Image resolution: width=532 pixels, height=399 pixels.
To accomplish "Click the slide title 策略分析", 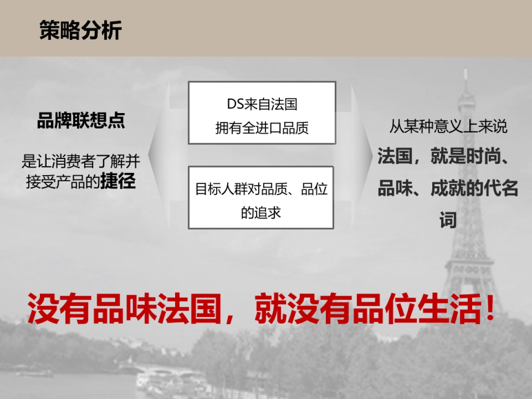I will [x=80, y=30].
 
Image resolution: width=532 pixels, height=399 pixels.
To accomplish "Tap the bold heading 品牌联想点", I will [x=81, y=121].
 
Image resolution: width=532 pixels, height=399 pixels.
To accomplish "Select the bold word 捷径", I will [x=117, y=182].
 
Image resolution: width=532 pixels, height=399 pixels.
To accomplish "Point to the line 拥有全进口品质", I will [x=262, y=128].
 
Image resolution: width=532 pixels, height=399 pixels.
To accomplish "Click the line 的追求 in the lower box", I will [x=261, y=213].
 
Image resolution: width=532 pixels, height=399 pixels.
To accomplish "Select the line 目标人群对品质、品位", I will [x=261, y=189].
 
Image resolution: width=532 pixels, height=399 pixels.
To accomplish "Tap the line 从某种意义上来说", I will [x=448, y=127].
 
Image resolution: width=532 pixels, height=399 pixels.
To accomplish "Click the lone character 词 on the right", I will [x=448, y=220].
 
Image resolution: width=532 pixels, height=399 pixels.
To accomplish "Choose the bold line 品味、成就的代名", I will [x=448, y=189].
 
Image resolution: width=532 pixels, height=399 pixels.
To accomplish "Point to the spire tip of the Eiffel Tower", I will [x=465, y=71].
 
